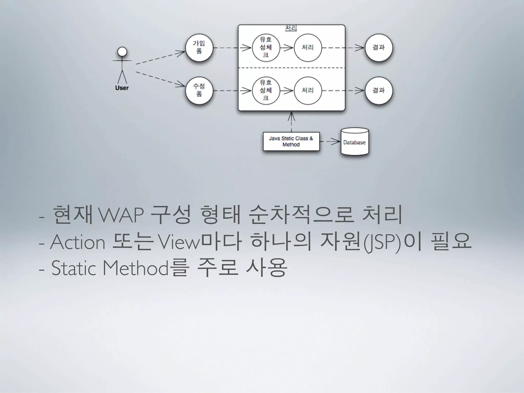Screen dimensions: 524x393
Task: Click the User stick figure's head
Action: coord(122,52)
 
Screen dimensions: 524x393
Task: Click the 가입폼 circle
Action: coord(199,48)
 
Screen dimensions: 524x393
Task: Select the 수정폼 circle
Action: coord(199,91)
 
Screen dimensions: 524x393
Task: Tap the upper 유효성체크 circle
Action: coord(266,48)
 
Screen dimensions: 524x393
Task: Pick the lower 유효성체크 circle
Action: coord(266,91)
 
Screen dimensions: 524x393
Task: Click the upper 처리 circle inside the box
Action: coord(308,48)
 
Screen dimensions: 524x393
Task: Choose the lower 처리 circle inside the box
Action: coord(308,91)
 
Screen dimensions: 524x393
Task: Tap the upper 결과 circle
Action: coord(379,48)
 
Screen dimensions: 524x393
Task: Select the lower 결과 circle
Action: coord(379,91)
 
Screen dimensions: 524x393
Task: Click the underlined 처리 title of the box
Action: coord(291,28)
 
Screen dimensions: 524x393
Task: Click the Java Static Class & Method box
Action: coord(291,141)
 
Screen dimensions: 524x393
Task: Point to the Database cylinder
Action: coord(355,142)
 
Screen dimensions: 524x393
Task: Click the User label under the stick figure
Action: coord(122,88)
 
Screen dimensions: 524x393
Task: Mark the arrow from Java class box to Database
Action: coord(330,141)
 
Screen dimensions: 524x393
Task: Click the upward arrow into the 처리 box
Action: coord(291,122)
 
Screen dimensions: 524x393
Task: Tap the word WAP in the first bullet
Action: coord(121,216)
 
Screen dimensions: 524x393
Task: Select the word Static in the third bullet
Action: coord(74,268)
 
